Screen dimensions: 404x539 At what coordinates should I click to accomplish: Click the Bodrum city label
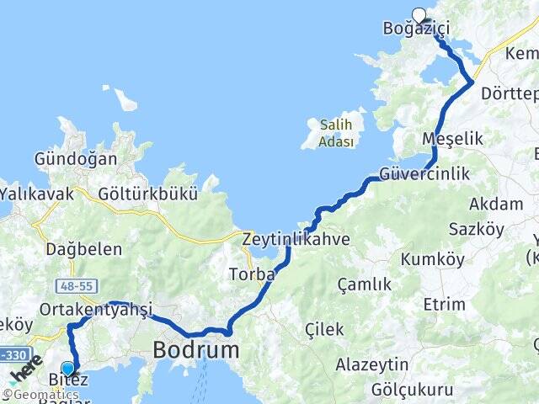195,348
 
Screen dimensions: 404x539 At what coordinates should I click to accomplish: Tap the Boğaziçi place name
416,29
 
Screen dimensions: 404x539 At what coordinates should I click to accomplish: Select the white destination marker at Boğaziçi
419,14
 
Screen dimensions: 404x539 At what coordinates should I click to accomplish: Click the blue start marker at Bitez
68,368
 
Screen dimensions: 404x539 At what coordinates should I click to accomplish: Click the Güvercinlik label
424,173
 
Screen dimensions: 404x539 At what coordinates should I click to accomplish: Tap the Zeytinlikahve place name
296,239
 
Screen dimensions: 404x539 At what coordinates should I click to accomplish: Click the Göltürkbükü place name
147,194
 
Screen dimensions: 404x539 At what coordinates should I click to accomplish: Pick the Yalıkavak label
37,194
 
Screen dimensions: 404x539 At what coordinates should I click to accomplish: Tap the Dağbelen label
83,249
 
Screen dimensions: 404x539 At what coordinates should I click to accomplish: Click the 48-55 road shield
74,285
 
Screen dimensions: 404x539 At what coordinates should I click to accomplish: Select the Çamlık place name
365,284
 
